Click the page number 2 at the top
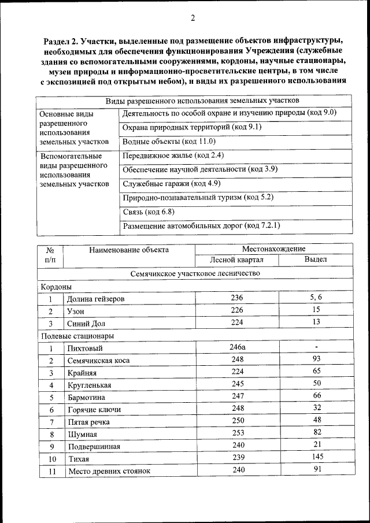193,18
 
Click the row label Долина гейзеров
95,299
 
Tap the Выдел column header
316,259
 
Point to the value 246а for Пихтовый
237,348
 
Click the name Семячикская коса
98,361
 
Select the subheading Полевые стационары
77,335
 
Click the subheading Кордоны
56,286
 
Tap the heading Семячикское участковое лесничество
195,273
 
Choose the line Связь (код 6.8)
149,212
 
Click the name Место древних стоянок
109,471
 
